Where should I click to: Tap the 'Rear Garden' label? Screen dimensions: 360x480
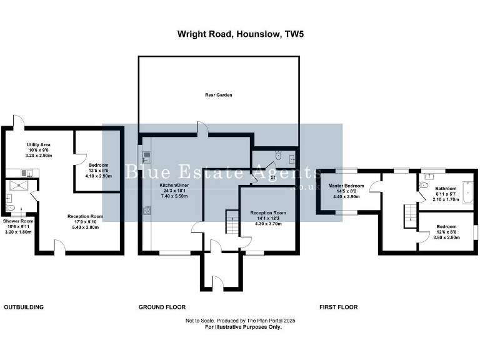219,95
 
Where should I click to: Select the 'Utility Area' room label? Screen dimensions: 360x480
38,145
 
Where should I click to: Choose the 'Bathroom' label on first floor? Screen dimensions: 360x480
446,188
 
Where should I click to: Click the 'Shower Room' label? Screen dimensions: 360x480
18,221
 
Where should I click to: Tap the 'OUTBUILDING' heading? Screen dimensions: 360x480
24,307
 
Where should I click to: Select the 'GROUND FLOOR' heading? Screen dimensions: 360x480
162,307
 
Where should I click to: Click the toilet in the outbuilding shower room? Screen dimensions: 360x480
9,207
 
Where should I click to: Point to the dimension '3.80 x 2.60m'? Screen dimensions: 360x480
446,237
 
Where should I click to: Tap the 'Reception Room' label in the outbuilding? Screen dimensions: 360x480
86,216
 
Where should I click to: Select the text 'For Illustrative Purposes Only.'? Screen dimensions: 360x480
242,327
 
